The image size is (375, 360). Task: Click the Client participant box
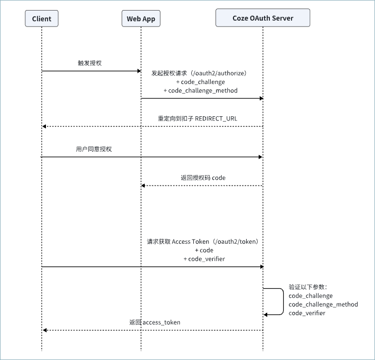click(42, 19)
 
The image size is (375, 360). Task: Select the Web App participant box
click(141, 19)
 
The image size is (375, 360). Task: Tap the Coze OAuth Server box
click(263, 18)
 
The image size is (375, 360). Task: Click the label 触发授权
click(90, 63)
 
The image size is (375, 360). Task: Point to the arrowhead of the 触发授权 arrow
click(139, 71)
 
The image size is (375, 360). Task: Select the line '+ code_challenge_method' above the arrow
click(200, 90)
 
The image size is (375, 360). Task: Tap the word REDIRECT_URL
click(216, 119)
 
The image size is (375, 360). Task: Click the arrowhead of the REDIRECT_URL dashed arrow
click(44, 126)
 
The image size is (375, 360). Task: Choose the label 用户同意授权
click(94, 149)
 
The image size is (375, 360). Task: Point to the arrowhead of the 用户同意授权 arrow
click(260, 157)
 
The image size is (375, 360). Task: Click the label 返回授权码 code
click(203, 178)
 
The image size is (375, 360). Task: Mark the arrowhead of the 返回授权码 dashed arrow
click(143, 186)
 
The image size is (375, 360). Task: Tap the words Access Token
click(190, 242)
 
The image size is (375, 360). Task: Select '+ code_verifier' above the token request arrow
click(204, 259)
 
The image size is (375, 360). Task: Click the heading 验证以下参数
click(306, 287)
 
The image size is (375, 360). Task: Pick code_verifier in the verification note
click(307, 313)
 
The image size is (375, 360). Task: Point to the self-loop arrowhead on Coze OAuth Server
click(265, 315)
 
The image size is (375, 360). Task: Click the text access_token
click(162, 322)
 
